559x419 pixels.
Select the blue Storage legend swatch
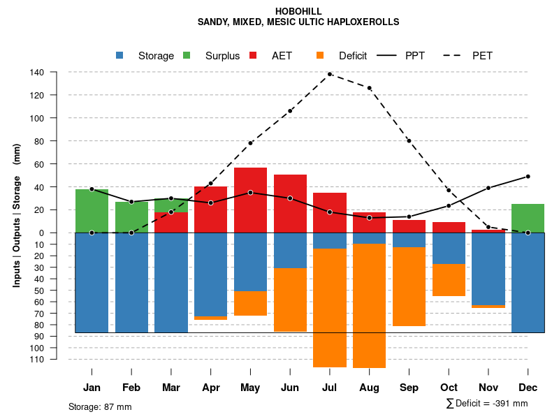(x=120, y=56)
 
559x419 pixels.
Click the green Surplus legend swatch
(x=187, y=56)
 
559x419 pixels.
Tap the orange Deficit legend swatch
(x=321, y=56)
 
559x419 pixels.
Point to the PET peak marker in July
(x=330, y=74)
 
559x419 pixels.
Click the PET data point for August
(x=370, y=88)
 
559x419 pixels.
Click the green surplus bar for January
(x=92, y=210)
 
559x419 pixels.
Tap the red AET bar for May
(x=250, y=200)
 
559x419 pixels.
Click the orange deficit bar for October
(x=449, y=280)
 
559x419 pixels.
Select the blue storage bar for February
(x=131, y=282)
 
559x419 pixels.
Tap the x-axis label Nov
(x=488, y=388)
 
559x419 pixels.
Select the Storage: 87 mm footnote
(x=100, y=406)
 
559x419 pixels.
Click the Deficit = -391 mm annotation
(x=486, y=404)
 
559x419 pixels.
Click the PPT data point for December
(x=528, y=177)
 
